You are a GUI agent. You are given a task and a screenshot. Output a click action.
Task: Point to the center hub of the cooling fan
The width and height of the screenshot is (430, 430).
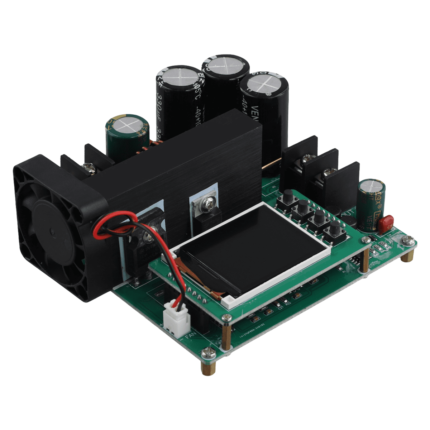point(50,229)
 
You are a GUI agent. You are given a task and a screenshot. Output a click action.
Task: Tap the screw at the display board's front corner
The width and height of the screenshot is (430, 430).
point(226,317)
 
